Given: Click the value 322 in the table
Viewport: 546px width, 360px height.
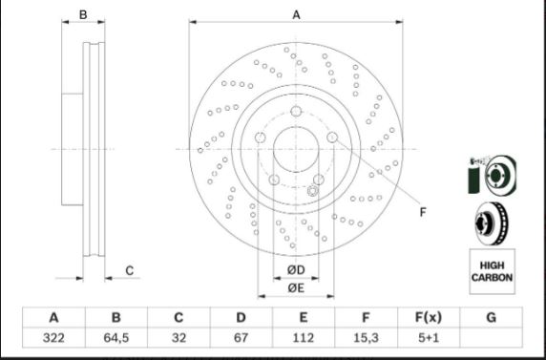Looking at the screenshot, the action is (x=53, y=338).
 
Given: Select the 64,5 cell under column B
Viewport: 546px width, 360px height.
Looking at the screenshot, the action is (x=115, y=338).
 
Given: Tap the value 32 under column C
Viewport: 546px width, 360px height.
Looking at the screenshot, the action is (x=178, y=338).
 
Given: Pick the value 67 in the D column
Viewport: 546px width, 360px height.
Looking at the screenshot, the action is (x=241, y=338).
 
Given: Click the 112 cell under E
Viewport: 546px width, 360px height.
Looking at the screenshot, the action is (x=304, y=338).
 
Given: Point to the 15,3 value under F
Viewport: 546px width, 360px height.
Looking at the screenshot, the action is (x=366, y=338).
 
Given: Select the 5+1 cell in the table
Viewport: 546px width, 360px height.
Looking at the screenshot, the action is (x=429, y=338).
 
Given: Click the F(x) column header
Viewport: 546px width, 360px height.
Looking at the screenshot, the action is (x=429, y=317).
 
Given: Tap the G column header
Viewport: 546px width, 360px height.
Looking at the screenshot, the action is (x=491, y=317).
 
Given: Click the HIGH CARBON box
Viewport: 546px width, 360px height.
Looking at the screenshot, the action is (x=492, y=271).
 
